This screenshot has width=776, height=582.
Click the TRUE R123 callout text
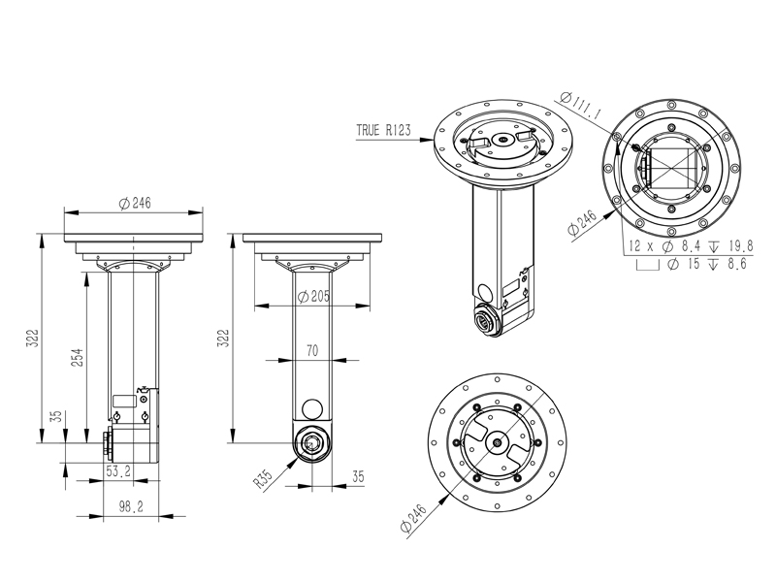pos(382,130)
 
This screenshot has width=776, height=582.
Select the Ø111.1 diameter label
pos(582,106)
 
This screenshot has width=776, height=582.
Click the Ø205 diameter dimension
pos(311,296)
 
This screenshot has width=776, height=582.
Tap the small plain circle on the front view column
pos(312,407)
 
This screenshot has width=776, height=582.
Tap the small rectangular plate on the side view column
pos(124,399)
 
